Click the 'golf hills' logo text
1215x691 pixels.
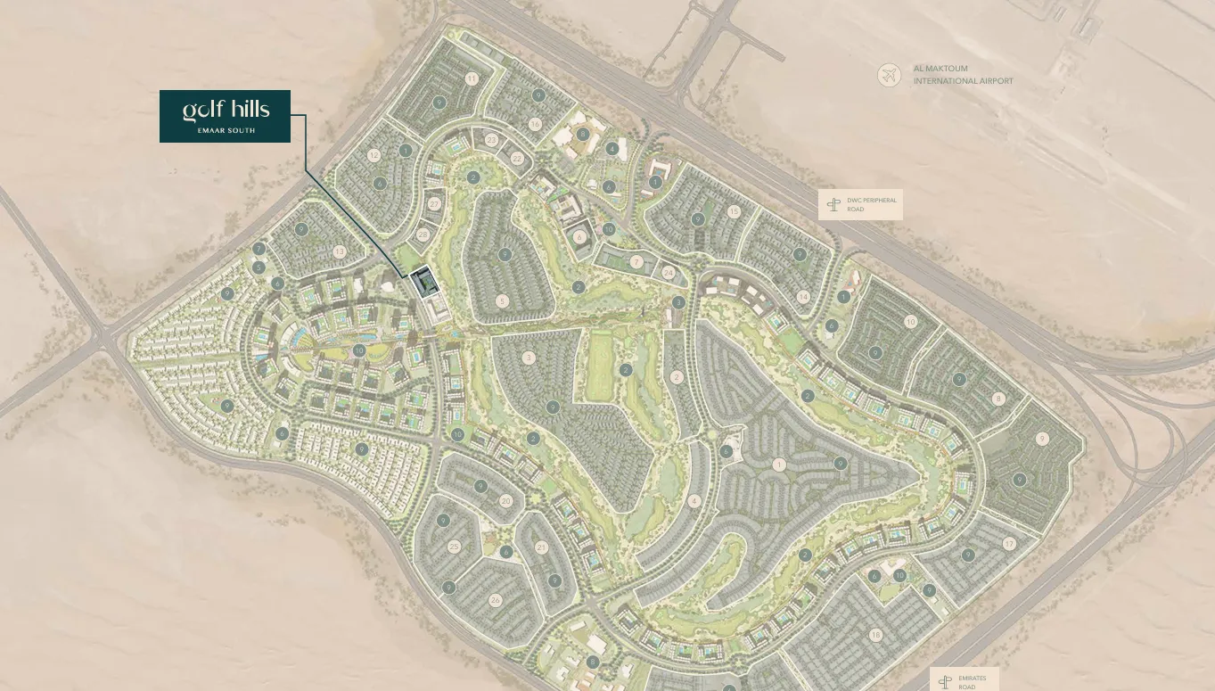[x=226, y=110]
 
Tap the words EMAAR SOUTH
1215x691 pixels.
[x=225, y=130]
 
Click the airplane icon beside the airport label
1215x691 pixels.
[x=889, y=75]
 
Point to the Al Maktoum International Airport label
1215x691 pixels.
[x=963, y=75]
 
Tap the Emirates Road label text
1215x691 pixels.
[x=972, y=682]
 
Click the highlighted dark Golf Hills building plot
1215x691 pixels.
[x=423, y=284]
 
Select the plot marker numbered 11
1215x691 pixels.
[x=472, y=78]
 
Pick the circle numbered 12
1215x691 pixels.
[x=374, y=155]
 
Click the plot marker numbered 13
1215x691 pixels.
[x=340, y=252]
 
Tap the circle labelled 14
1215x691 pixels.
[x=803, y=297]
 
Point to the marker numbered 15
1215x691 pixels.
[x=734, y=211]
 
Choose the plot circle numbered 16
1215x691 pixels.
[x=535, y=124]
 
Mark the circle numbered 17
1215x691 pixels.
[x=1009, y=543]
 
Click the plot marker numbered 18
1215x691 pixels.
[x=876, y=635]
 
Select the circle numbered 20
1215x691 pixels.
[x=506, y=501]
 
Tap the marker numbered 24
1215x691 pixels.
[x=669, y=273]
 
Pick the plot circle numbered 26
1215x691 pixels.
[x=496, y=600]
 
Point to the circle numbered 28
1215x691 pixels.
[x=423, y=235]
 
